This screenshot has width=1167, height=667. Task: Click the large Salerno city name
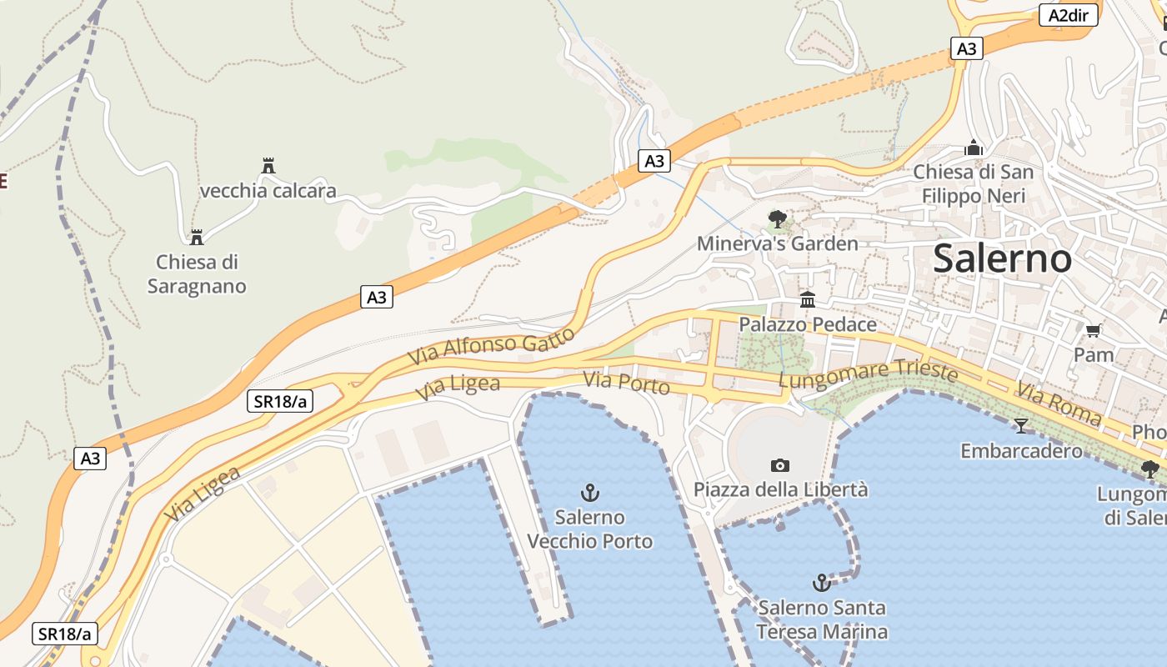click(x=1002, y=258)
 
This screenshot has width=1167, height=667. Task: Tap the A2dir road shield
click(x=1068, y=15)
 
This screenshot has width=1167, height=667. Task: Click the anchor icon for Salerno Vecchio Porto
click(x=590, y=493)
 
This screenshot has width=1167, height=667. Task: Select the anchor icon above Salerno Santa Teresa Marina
click(x=822, y=583)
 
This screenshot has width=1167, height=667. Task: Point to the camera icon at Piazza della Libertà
click(x=780, y=465)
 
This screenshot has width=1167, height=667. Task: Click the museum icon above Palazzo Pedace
click(x=807, y=300)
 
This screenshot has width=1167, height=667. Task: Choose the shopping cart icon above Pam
click(x=1093, y=331)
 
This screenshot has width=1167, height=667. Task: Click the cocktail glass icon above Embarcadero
click(x=1020, y=426)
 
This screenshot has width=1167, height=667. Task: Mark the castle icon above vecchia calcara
click(x=268, y=166)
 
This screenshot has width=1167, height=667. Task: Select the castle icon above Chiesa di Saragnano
click(x=197, y=238)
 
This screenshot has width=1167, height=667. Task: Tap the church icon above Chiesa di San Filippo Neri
click(x=974, y=148)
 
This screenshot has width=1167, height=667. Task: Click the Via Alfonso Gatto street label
click(x=491, y=346)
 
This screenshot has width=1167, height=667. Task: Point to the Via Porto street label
click(x=626, y=384)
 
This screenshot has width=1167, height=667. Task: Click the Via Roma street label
click(x=1059, y=404)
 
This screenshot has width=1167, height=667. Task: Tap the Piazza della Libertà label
click(x=780, y=489)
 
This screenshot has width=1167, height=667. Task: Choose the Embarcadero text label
click(x=1021, y=451)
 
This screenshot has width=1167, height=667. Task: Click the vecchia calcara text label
click(x=268, y=191)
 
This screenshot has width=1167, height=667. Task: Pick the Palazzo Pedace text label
click(x=808, y=324)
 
